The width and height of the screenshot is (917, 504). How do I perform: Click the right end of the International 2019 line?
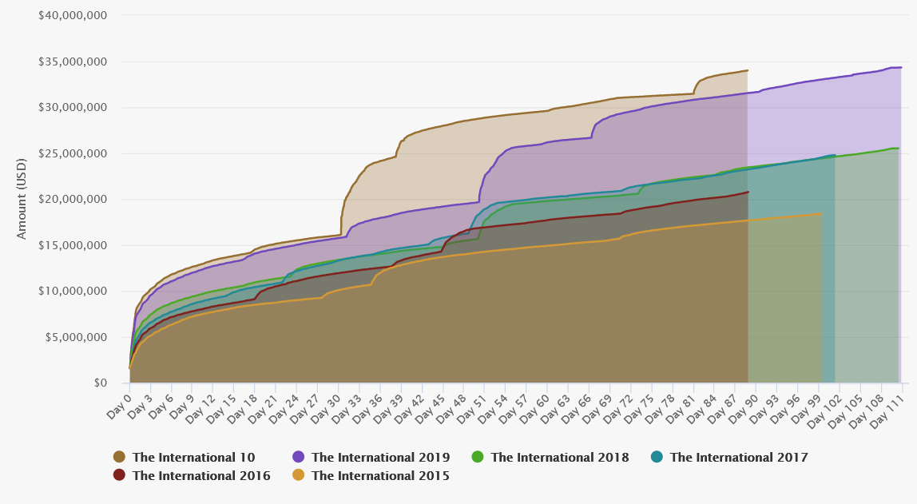(901, 67)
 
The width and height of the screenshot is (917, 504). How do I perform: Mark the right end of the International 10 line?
(748, 70)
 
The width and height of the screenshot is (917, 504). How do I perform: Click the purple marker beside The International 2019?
(299, 458)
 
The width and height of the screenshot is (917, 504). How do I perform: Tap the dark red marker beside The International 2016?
(120, 476)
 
